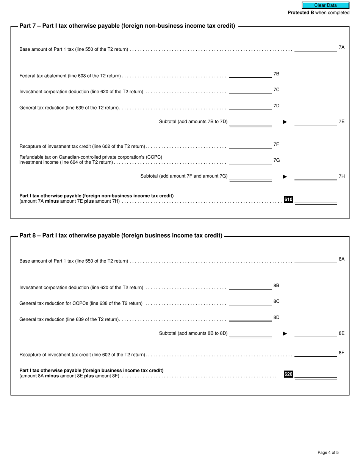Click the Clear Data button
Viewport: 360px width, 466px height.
click(325, 5)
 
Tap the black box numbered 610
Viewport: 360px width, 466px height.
click(288, 200)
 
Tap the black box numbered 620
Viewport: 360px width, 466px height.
click(288, 374)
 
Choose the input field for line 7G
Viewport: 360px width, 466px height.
click(250, 161)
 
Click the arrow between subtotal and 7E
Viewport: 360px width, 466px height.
click(285, 122)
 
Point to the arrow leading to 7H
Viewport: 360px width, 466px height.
click(285, 177)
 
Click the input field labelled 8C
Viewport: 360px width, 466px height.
click(250, 302)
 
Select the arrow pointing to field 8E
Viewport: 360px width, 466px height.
click(285, 334)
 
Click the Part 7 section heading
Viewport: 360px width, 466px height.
click(127, 26)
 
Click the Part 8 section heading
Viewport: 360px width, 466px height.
click(121, 235)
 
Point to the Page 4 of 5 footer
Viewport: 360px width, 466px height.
click(328, 452)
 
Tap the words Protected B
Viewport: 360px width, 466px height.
click(301, 13)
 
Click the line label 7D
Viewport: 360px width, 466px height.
click(276, 106)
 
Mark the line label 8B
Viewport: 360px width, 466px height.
click(276, 285)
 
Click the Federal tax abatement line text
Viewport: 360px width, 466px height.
click(70, 76)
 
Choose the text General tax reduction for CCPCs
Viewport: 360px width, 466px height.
click(81, 303)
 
